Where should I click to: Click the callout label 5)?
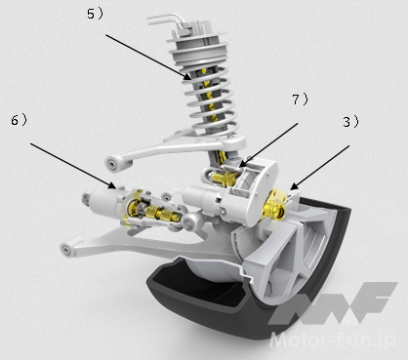click(95, 14)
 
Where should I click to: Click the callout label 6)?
click(20, 120)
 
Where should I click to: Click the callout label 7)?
click(300, 100)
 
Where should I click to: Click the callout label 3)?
click(350, 122)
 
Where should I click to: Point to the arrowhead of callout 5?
click(187, 77)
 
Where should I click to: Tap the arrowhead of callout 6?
click(112, 185)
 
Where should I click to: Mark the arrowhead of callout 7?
click(241, 164)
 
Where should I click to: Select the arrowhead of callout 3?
click(293, 186)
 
